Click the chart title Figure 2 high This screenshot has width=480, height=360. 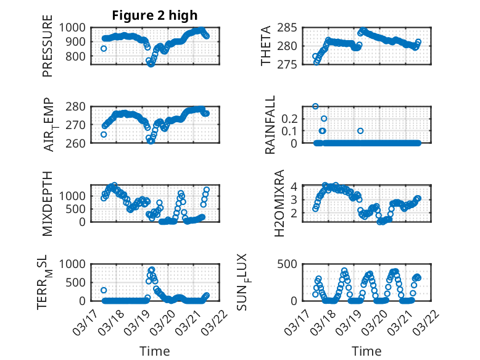154,15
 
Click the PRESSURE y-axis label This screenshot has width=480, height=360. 48,51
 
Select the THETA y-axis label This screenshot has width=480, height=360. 266,46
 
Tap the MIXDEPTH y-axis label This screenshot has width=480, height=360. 48,204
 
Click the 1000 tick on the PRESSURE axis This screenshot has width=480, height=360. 77,27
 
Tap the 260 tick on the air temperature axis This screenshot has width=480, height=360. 80,143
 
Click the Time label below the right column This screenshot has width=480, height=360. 366,351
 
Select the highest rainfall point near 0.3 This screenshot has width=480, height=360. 315,106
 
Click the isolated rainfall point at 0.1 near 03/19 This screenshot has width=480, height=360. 360,130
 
